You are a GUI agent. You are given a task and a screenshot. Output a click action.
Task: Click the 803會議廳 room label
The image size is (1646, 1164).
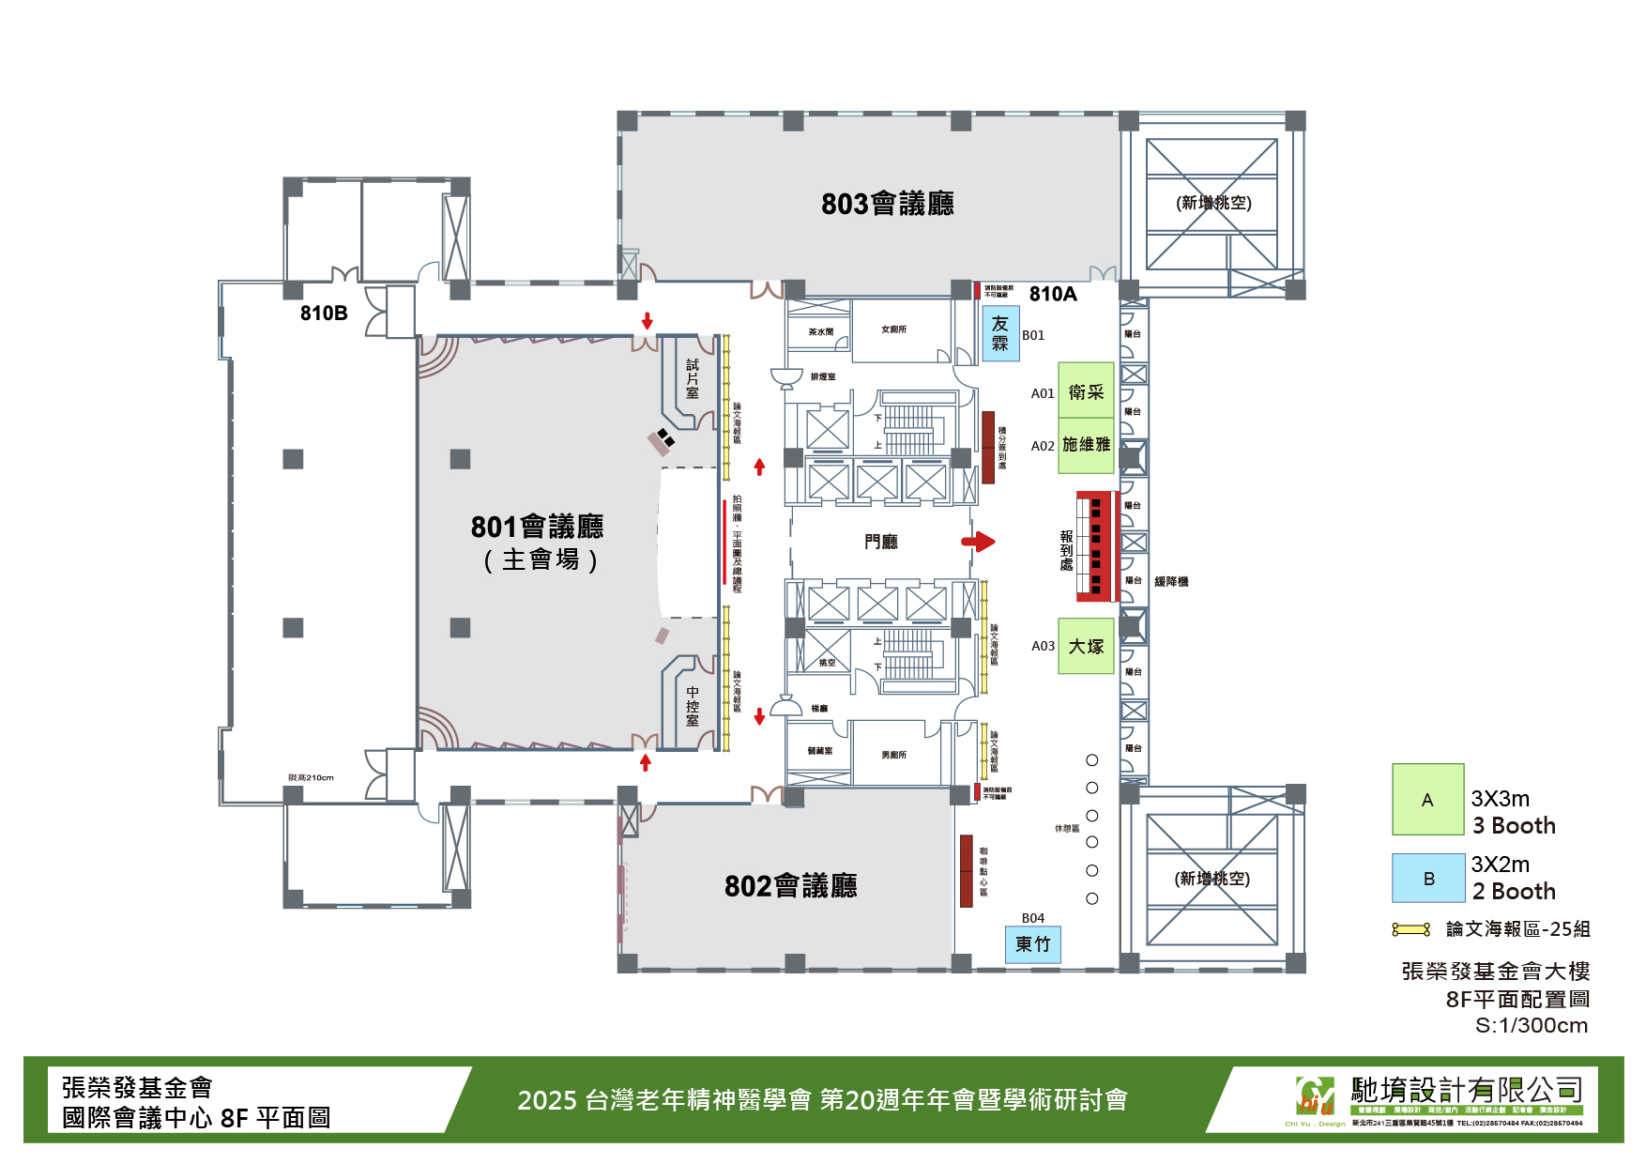(887, 204)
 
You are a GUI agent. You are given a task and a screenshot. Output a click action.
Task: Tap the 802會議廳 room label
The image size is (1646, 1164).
(790, 885)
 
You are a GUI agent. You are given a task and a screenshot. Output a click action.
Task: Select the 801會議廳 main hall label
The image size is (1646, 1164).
(537, 528)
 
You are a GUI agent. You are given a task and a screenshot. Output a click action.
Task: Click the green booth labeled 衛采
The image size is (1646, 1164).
(1086, 391)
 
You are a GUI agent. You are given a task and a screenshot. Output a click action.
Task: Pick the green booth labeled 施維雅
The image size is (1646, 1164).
(1086, 445)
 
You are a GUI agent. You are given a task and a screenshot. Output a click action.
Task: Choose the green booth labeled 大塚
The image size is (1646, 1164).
(1086, 646)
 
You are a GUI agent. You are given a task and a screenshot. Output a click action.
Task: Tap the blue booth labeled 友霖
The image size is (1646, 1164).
(1000, 333)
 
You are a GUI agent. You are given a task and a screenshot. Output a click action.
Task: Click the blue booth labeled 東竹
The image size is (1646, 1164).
(1032, 944)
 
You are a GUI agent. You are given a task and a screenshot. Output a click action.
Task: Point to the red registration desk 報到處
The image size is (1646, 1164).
(1093, 545)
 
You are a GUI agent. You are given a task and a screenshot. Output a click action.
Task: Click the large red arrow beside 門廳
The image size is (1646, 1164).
(978, 542)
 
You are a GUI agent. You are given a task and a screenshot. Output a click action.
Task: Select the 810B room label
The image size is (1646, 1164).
(324, 314)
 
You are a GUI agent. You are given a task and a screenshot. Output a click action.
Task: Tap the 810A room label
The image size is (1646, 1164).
(1053, 295)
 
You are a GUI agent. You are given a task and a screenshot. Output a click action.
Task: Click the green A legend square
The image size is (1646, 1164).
(1427, 800)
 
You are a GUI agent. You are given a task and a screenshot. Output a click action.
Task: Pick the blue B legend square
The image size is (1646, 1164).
(1428, 879)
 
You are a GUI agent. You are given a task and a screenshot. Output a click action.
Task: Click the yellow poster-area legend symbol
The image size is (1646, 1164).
(1410, 929)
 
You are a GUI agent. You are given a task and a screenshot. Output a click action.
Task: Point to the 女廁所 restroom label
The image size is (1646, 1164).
(893, 329)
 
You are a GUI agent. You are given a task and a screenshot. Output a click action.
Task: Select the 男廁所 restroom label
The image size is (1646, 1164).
(893, 755)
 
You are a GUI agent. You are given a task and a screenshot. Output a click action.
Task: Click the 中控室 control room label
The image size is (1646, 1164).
(693, 707)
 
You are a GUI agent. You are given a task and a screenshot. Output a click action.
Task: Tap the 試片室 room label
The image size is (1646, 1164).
(693, 378)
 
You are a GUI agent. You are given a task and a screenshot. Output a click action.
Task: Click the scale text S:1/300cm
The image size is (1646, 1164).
(1531, 1025)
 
